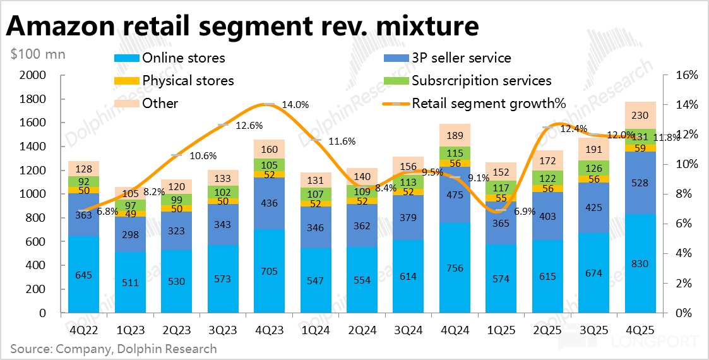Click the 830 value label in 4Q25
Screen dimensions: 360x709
tap(640, 263)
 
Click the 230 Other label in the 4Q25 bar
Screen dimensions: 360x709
tap(640, 116)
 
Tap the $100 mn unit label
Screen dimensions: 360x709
tap(37, 54)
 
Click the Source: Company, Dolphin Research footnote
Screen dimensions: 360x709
tap(113, 349)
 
